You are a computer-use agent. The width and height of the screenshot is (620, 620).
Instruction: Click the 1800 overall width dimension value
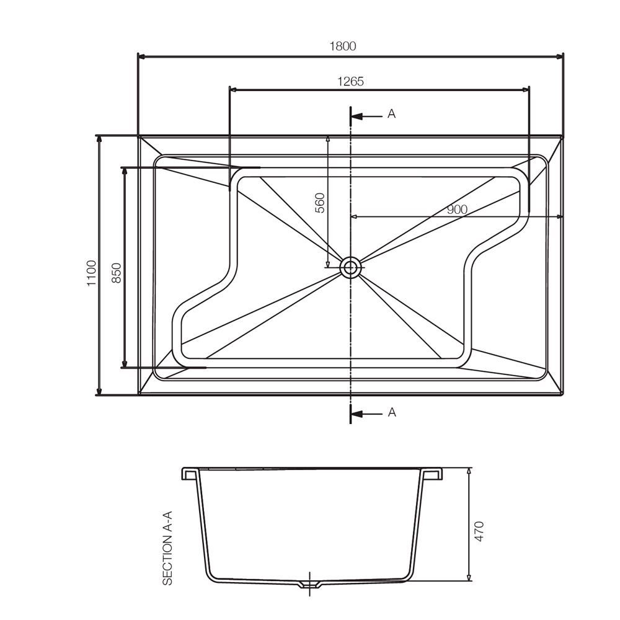coord(343,46)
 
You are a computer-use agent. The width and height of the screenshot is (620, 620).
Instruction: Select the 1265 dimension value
coord(350,81)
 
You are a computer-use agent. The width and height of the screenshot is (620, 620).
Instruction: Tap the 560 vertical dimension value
coord(320,203)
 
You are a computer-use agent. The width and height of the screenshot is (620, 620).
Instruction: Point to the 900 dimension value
coord(457,210)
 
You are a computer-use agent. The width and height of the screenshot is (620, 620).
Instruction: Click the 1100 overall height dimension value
coord(92,273)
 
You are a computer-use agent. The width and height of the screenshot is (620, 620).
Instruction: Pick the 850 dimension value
coord(116,273)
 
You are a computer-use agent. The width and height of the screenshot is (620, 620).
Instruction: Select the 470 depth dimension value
coord(479,531)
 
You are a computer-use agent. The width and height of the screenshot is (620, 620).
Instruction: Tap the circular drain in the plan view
coord(351,267)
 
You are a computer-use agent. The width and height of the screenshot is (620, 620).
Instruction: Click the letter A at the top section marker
coord(391,114)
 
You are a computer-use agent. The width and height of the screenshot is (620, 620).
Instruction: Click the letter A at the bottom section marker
coord(391,412)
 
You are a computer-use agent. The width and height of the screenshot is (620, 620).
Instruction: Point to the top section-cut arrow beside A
coord(366,115)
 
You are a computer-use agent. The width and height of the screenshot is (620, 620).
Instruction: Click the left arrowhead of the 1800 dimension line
coord(140,56)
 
